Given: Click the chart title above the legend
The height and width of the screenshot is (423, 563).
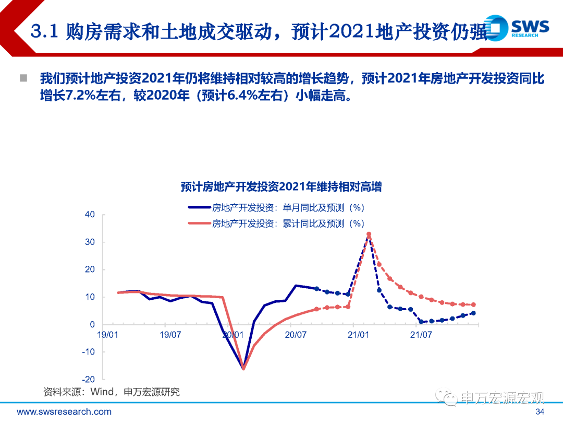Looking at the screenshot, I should [x=281, y=186].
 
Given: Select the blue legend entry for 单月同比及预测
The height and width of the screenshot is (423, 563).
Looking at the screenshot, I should [x=276, y=207].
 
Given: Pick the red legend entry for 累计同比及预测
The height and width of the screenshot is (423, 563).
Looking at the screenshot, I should [x=276, y=224].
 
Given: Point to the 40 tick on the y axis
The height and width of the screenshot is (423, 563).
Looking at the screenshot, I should [x=90, y=215].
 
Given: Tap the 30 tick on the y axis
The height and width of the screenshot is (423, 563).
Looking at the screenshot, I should [x=90, y=242].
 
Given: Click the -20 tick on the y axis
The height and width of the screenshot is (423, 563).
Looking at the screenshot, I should [x=89, y=380].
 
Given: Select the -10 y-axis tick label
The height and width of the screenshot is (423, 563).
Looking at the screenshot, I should [x=89, y=352].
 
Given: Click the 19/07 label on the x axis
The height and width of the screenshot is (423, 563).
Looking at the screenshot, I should [x=170, y=334].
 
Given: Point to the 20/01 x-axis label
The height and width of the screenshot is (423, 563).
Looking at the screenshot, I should [x=233, y=334].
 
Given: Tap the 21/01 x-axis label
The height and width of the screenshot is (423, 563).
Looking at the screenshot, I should [x=358, y=334].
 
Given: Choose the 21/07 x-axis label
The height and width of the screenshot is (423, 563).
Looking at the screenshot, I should [x=421, y=334].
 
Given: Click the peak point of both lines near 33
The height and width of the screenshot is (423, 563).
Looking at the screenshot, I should [x=369, y=234].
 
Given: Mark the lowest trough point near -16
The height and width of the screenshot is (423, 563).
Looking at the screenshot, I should [x=243, y=368].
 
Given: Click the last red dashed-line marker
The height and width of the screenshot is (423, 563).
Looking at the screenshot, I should [x=473, y=304].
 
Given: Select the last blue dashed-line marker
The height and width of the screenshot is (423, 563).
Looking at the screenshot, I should [x=473, y=313].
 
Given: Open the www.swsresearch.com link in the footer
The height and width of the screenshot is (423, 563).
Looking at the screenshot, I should [x=64, y=412].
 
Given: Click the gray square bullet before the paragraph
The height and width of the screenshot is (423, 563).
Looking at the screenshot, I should [x=23, y=78].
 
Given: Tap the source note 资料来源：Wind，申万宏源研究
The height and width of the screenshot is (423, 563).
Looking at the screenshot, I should [x=111, y=392].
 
